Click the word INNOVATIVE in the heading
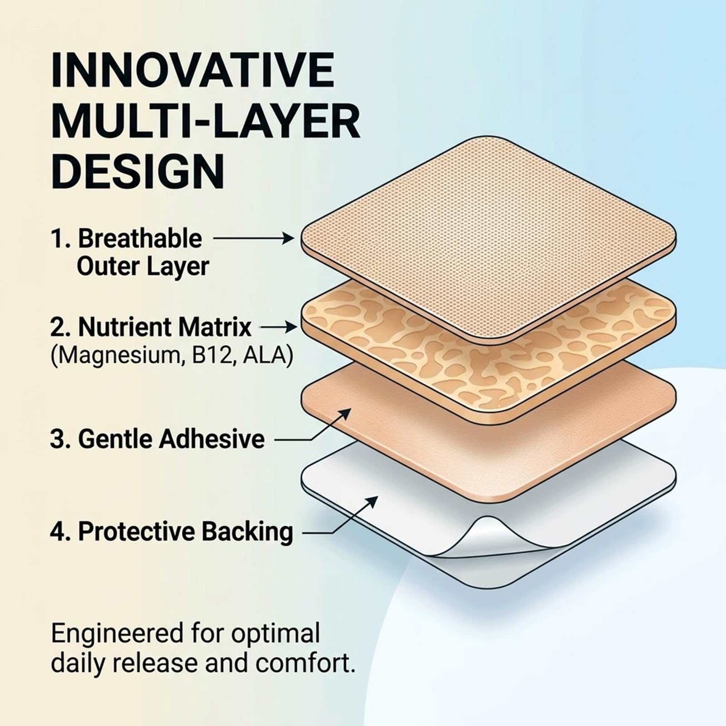(193, 70)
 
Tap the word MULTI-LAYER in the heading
(206, 121)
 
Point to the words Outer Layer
(143, 266)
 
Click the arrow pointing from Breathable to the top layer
(254, 237)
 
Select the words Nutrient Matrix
(164, 327)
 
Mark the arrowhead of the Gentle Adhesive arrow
(344, 413)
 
